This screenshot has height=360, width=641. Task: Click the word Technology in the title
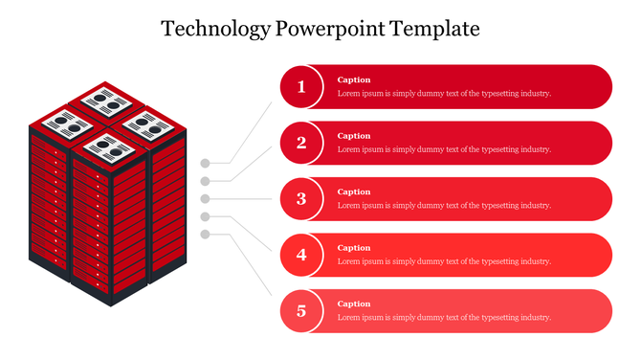click(x=216, y=29)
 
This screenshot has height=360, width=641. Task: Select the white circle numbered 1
click(x=301, y=87)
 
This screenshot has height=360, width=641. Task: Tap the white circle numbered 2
click(x=301, y=144)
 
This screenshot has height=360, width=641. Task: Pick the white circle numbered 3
click(x=301, y=199)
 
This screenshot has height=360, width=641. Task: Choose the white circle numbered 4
click(x=301, y=255)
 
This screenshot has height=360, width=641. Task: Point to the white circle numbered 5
click(x=301, y=311)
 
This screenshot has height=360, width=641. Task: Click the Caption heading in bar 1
click(x=354, y=79)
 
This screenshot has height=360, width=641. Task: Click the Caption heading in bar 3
click(x=354, y=191)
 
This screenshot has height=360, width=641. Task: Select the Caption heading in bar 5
click(x=354, y=304)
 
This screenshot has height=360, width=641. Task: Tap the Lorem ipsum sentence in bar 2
click(x=444, y=149)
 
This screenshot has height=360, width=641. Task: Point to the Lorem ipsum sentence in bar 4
click(x=444, y=261)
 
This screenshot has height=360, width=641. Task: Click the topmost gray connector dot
click(x=205, y=163)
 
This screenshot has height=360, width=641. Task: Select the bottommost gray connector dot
click(x=205, y=235)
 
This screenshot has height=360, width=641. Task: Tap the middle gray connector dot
click(x=205, y=198)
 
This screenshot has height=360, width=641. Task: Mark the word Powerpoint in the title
click(x=330, y=29)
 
